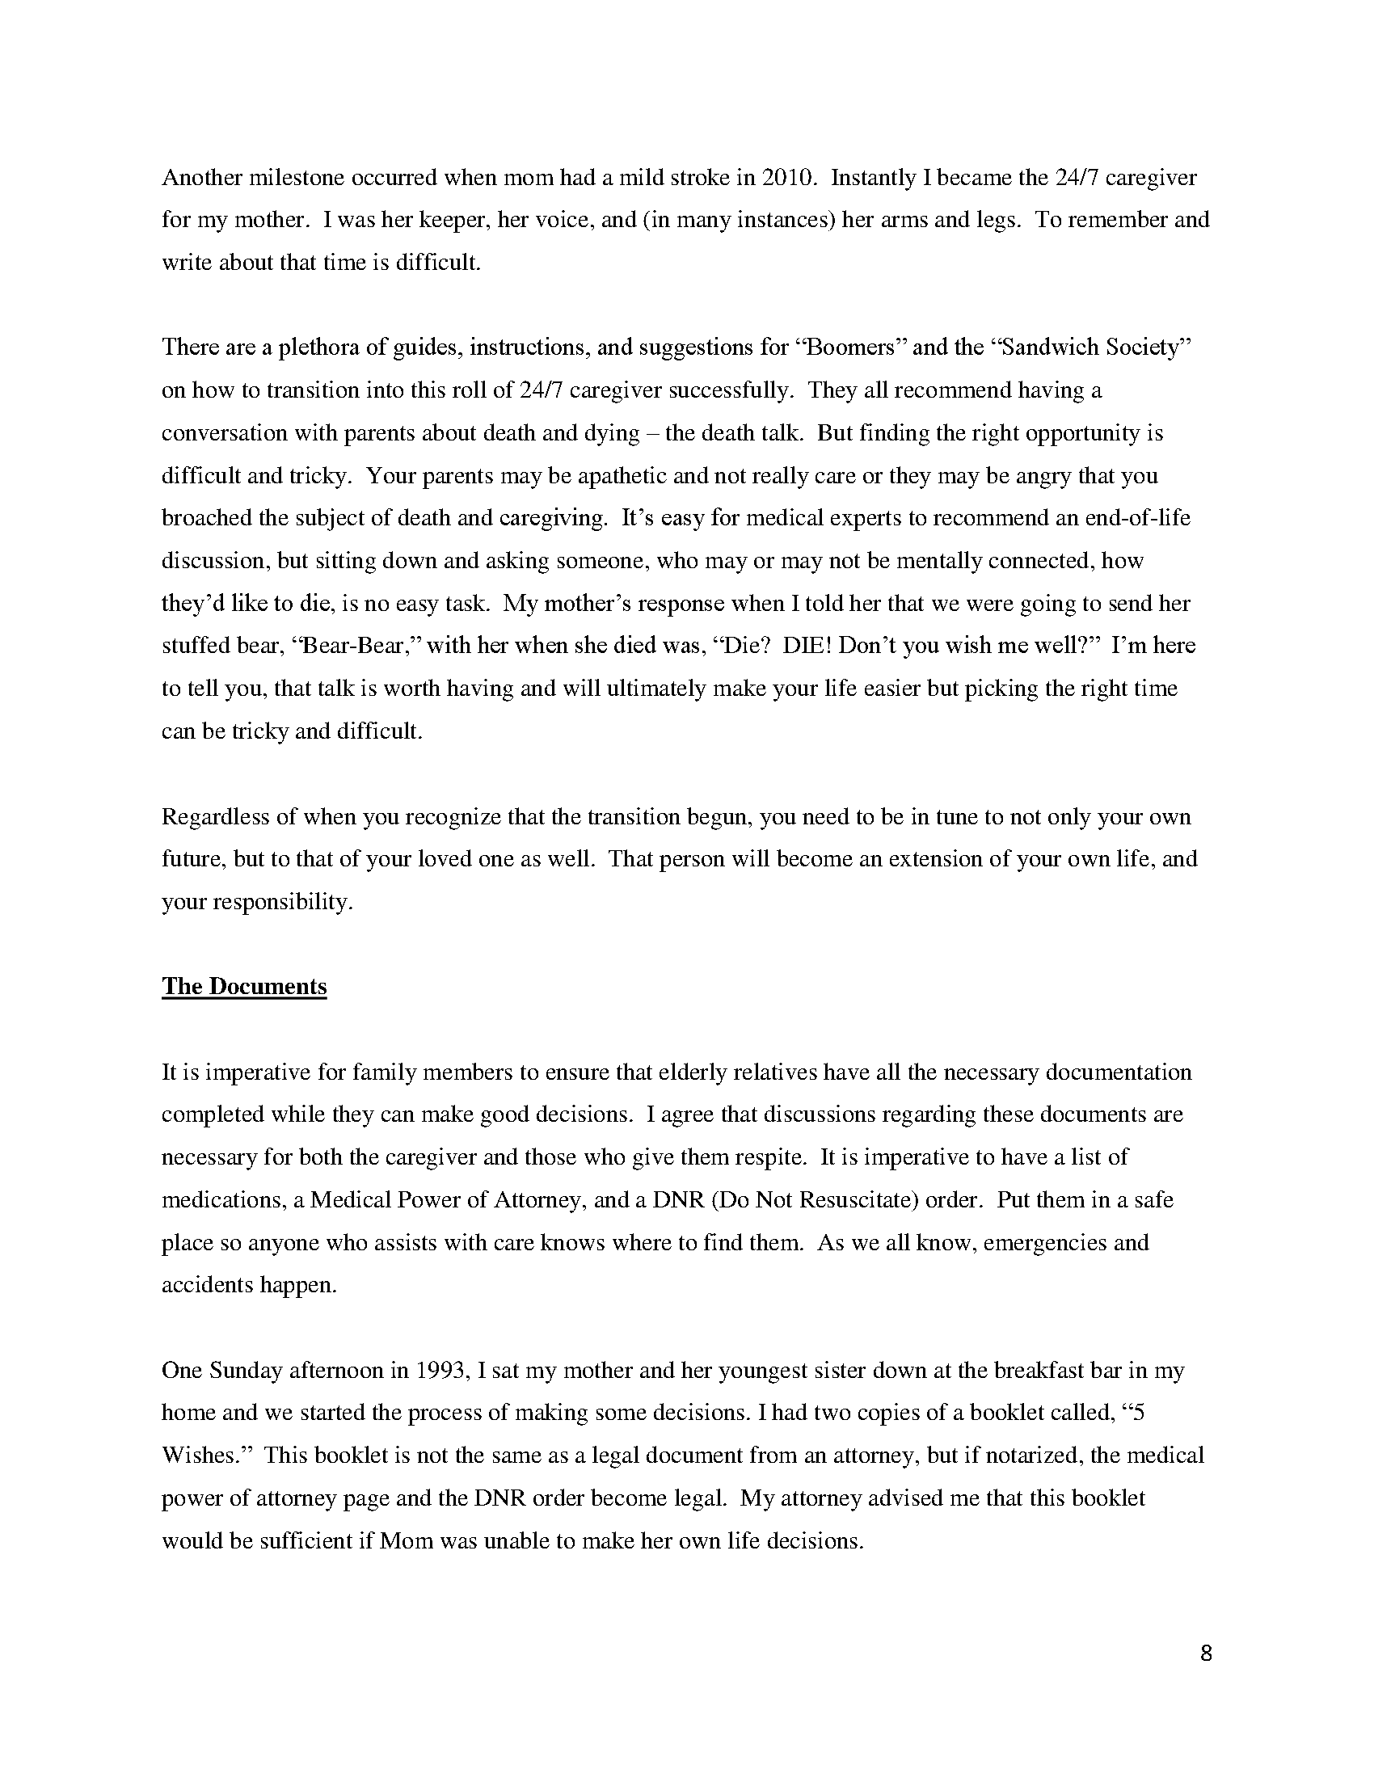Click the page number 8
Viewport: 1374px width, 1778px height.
coord(1207,1654)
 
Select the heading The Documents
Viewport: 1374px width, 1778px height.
coord(244,986)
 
